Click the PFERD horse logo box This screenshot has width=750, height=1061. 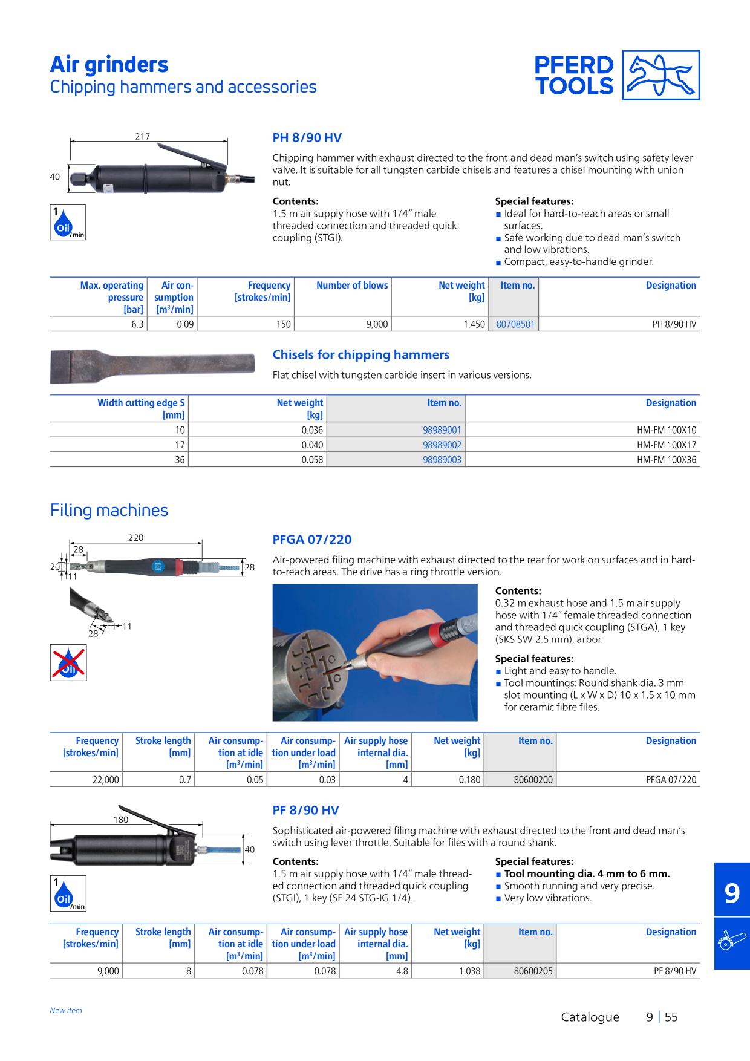661,75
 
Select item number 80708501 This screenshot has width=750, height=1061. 515,324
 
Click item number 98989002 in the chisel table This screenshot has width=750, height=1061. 442,445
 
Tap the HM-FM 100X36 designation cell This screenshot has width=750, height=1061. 667,460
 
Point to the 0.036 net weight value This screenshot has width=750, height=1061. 312,430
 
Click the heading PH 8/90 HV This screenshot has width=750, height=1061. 307,137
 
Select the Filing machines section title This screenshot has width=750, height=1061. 109,510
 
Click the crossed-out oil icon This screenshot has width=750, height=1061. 68,662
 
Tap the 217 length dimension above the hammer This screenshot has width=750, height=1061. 143,136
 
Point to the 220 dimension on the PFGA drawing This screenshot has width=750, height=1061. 136,537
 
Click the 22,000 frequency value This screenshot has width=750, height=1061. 106,780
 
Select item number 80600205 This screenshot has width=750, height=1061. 533,971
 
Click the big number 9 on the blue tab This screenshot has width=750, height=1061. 732,892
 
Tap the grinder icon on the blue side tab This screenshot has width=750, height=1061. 732,941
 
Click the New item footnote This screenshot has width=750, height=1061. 66,1010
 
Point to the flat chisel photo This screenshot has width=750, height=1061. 152,366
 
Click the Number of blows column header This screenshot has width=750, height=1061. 352,285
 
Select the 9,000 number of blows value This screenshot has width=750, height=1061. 377,324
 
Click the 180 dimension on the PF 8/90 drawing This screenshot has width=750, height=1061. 121,819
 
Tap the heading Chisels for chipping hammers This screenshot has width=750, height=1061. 361,354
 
